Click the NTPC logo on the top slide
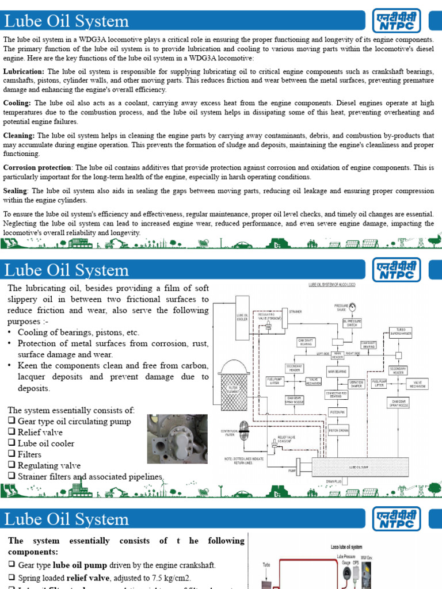(x=397, y=21)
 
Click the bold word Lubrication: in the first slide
(x=24, y=71)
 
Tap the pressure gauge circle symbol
(x=353, y=305)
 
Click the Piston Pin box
(x=337, y=412)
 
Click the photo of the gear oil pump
(x=177, y=438)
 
